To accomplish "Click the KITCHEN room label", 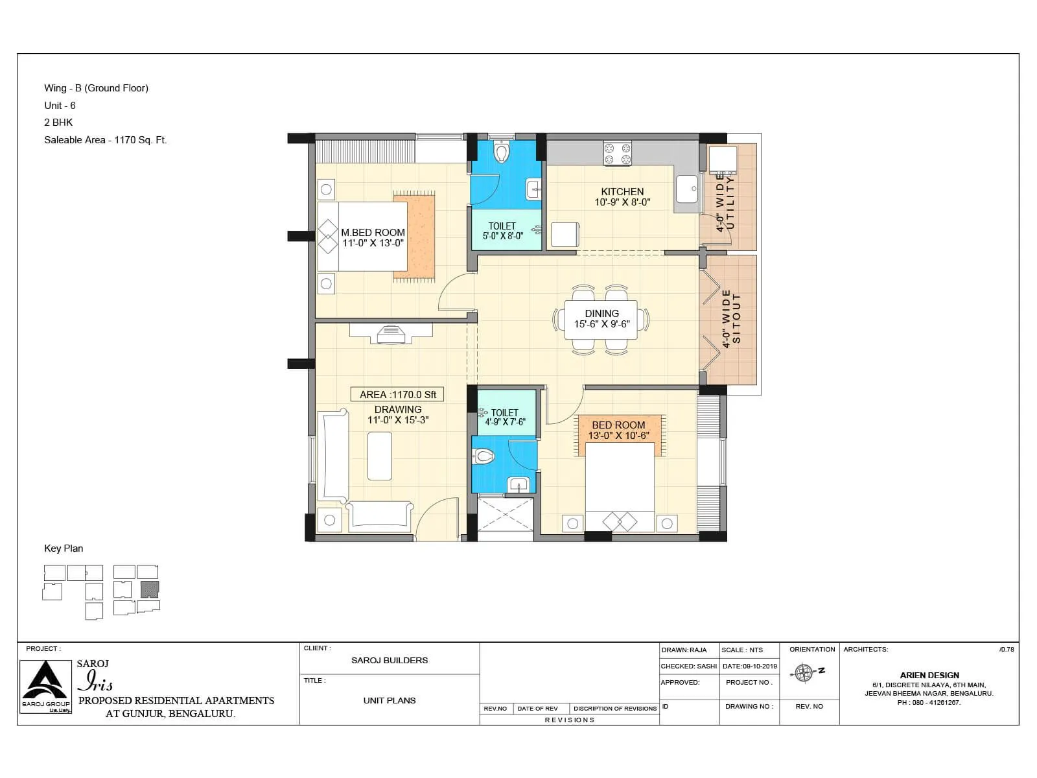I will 622,192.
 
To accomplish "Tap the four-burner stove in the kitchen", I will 617,154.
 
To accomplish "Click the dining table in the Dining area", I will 601,320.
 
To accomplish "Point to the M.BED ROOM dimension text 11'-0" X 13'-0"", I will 373,243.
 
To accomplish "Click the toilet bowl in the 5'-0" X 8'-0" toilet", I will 501,152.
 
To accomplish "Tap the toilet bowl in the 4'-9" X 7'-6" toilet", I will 485,456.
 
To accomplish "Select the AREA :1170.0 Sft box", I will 398,394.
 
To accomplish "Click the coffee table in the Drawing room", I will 379,456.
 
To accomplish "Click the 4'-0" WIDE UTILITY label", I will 725,202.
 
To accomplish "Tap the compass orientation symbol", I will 804,673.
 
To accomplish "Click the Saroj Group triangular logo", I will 45,682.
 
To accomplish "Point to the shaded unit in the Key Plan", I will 149,589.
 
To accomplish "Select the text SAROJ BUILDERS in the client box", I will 390,661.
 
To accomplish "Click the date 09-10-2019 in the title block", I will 749,666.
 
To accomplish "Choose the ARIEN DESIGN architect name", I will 929,676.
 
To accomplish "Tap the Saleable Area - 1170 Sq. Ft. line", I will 105,140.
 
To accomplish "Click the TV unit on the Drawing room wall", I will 391,333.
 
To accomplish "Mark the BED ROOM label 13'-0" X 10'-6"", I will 618,430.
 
